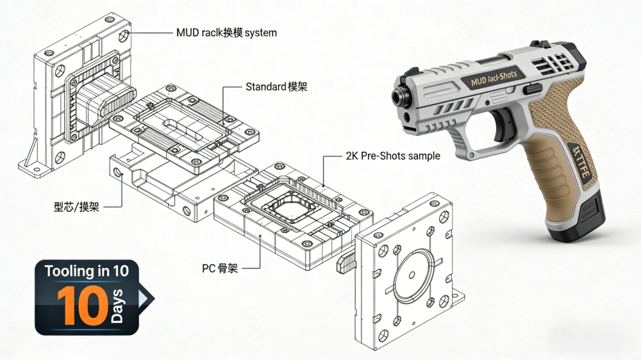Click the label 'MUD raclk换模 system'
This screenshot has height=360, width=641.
pyautogui.click(x=226, y=32)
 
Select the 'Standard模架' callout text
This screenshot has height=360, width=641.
pyautogui.click(x=276, y=86)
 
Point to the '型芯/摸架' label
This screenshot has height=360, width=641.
pyautogui.click(x=76, y=206)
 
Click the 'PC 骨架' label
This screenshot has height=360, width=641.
pyautogui.click(x=220, y=268)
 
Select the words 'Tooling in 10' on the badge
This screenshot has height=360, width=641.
pyautogui.click(x=86, y=271)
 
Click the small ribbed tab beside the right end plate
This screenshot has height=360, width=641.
pyautogui.click(x=346, y=261)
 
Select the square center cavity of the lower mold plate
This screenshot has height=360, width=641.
pyautogui.click(x=287, y=206)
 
